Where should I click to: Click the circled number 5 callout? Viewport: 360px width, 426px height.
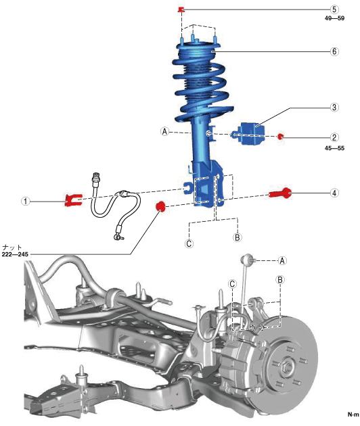click(x=334, y=9)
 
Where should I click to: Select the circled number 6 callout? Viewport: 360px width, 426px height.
click(x=334, y=51)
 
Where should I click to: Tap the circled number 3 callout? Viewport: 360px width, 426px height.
click(x=334, y=107)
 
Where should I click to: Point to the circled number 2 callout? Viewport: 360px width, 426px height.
click(x=334, y=137)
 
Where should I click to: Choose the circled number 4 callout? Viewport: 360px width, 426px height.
click(x=334, y=193)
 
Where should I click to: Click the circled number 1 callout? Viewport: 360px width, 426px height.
click(x=26, y=202)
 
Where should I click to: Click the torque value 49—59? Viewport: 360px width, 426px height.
click(x=334, y=18)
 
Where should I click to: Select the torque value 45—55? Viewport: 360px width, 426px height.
click(x=334, y=148)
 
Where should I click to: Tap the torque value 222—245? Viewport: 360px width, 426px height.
click(x=15, y=254)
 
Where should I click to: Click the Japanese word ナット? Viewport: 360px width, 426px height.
click(x=12, y=247)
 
